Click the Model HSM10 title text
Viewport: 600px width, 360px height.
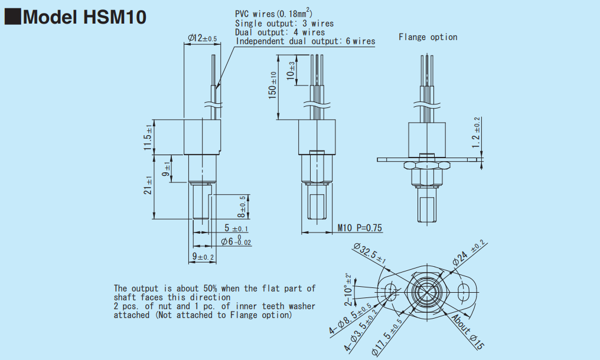pos(84,17)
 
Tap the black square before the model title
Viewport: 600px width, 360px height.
pos(12,17)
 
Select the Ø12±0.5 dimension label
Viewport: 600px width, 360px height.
pos(203,38)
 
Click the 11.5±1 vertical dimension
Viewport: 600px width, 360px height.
pos(148,137)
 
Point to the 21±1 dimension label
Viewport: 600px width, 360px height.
pos(148,185)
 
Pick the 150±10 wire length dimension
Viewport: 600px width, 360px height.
pos(272,86)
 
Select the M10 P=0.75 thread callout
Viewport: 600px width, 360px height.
pos(360,228)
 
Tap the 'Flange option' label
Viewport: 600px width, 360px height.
pos(428,37)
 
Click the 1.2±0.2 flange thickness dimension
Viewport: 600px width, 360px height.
pos(475,132)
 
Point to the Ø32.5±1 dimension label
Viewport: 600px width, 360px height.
pos(370,253)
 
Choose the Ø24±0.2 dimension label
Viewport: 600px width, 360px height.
pos(469,253)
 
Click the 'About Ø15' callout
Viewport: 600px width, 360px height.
pos(468,332)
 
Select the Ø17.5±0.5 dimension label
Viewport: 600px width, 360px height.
pos(387,336)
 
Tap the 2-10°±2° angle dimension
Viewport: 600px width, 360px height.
pos(348,290)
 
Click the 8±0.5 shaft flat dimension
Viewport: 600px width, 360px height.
pos(243,207)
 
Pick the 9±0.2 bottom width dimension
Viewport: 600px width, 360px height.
pos(203,256)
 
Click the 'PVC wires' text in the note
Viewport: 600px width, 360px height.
pos(255,14)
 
